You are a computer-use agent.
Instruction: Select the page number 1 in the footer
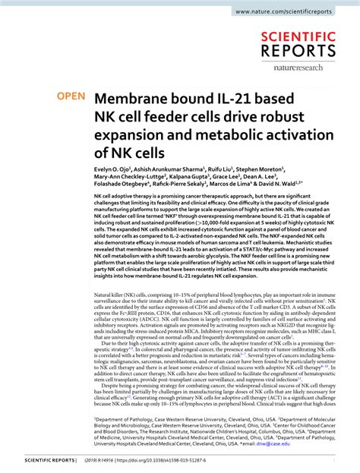pos(339,461)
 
